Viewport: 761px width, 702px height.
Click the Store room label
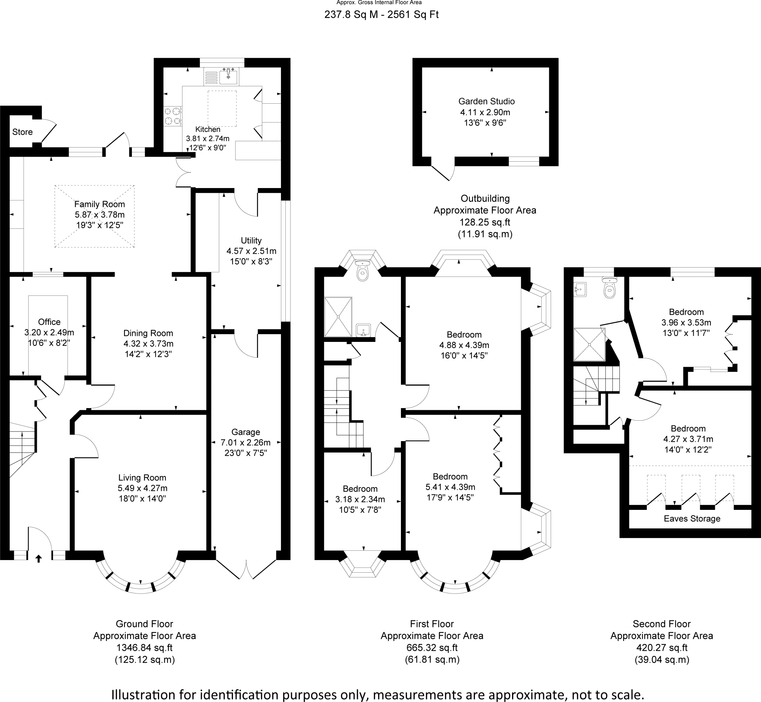22,132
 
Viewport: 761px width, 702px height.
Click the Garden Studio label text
486,101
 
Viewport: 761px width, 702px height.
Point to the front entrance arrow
39,558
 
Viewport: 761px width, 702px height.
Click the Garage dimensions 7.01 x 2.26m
246,443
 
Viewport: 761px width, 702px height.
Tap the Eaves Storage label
692,518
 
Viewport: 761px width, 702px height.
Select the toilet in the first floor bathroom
363,272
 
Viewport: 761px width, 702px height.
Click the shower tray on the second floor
589,344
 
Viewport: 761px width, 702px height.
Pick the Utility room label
251,240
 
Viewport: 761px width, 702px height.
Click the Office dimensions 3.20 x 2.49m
49,333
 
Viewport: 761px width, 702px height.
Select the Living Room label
142,478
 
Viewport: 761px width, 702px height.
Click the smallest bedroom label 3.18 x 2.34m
360,499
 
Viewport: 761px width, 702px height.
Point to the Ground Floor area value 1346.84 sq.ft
144,648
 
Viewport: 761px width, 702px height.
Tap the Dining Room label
148,333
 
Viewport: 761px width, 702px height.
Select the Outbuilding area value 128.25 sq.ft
485,222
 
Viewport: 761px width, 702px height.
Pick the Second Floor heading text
661,624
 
